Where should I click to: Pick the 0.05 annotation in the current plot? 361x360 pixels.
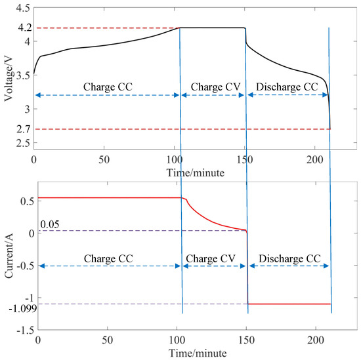pos(50,224)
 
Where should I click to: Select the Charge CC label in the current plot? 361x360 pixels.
pos(109,258)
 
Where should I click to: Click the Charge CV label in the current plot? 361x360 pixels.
pos(213,258)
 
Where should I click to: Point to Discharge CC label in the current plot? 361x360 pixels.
pos(288,258)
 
